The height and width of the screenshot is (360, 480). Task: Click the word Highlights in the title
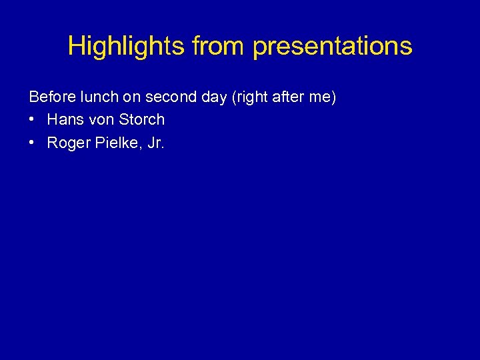point(127,46)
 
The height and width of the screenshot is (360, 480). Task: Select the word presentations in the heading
point(333,46)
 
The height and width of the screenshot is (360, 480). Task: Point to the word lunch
point(98,97)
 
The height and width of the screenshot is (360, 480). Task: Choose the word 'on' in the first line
point(132,97)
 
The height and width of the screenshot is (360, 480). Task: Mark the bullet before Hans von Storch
point(33,120)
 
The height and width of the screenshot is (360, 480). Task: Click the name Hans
point(63,120)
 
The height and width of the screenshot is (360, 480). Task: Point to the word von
point(97,120)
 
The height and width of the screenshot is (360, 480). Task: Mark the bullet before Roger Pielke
point(33,142)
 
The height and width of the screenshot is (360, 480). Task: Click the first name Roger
point(67,143)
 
